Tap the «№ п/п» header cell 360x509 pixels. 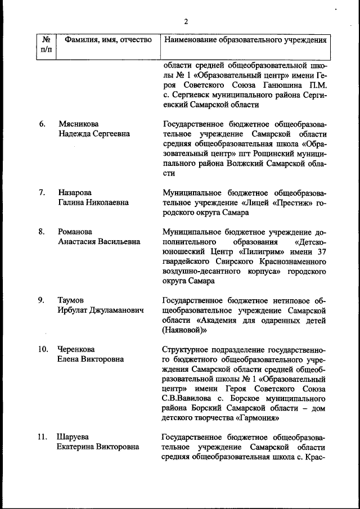click(46, 45)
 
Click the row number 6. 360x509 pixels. click(43, 124)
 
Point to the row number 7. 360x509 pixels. click(43, 192)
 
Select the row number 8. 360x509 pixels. click(43, 232)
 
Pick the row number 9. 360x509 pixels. click(43, 300)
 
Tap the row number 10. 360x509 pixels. click(44, 349)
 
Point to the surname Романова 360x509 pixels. click(76, 232)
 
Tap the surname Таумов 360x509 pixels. click(71, 300)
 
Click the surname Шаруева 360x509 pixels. click(74, 437)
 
